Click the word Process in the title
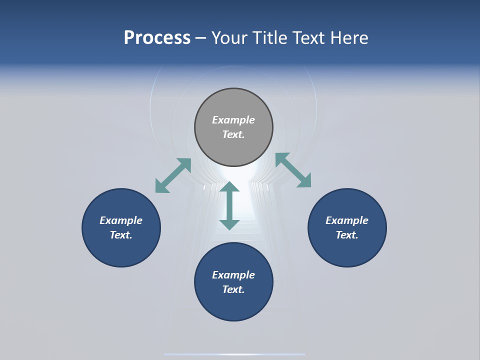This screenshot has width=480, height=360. click(x=157, y=38)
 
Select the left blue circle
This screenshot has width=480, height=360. click(x=121, y=250)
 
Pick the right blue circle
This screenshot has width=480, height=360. click(x=347, y=250)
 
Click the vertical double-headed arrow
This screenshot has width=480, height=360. click(x=229, y=205)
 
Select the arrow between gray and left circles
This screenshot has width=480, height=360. click(x=173, y=175)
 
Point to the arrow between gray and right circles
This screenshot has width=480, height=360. click(x=293, y=170)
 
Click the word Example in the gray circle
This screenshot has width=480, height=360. click(x=233, y=120)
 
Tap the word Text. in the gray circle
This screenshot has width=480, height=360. click(x=233, y=134)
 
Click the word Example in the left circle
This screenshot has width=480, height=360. click(x=121, y=220)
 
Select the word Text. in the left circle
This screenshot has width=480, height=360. click(x=121, y=235)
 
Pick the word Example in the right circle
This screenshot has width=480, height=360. click(x=347, y=220)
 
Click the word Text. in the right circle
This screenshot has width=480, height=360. click(x=347, y=235)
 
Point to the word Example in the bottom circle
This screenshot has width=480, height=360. click(x=233, y=275)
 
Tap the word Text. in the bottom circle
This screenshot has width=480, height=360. click(x=233, y=289)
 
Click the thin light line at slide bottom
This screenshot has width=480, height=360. click(x=234, y=354)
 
